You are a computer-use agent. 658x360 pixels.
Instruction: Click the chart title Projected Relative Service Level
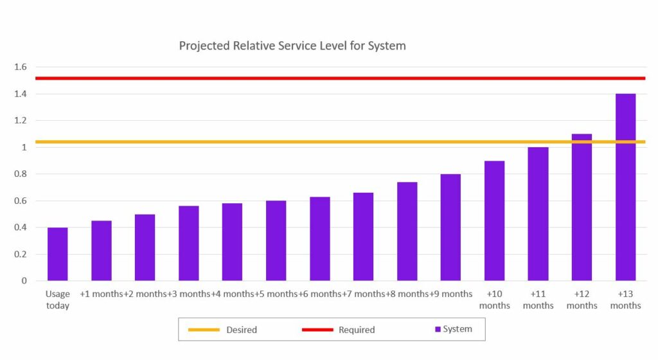click(292, 46)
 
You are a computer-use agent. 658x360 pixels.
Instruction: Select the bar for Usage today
click(57, 255)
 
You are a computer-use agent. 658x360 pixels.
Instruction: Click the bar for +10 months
click(494, 221)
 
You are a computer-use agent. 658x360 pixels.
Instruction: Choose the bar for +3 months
click(188, 244)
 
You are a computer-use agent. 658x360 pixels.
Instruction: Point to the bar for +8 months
click(407, 231)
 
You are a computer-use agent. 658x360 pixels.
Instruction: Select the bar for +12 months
click(582, 208)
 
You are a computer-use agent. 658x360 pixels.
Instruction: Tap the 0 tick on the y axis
click(24, 281)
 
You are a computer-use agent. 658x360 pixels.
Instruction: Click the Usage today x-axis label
click(57, 300)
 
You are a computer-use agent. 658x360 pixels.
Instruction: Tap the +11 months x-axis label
click(538, 300)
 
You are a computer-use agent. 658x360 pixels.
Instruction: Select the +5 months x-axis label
click(276, 294)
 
